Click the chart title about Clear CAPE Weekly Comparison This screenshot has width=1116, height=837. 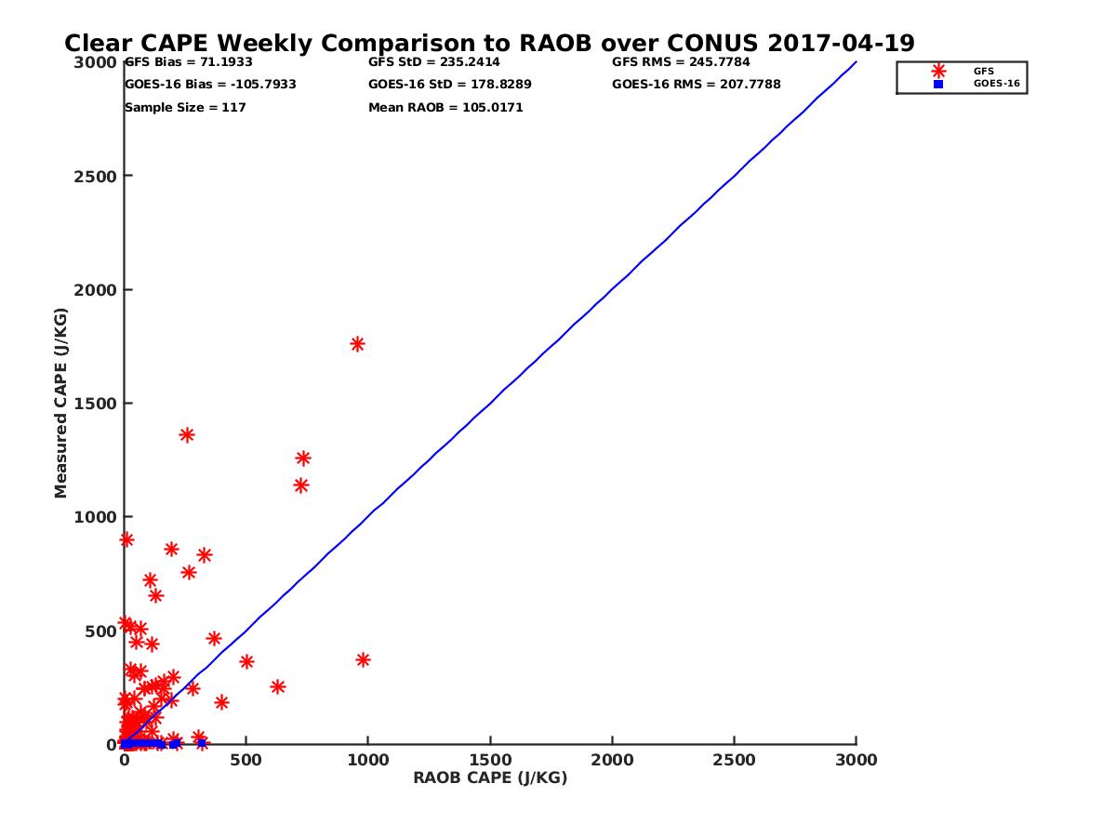pos(489,43)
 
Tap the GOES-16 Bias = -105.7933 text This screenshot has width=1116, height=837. pos(210,85)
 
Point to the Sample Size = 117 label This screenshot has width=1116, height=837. pos(185,108)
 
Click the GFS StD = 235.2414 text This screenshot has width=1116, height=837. pos(434,62)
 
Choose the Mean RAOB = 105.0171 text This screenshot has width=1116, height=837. pos(445,108)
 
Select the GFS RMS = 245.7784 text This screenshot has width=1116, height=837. pos(681,62)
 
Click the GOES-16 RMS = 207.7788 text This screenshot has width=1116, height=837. pos(697,85)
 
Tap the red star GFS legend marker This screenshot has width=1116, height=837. pos(938,71)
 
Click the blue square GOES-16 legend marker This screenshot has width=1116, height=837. pos(938,84)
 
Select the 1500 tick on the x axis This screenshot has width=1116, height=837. pos(490,760)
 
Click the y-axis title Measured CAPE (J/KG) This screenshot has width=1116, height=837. pos(61,403)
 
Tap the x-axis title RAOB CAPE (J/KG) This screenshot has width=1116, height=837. pos(490,778)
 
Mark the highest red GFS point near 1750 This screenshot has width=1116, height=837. pos(357,344)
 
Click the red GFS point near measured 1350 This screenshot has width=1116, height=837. pos(187,435)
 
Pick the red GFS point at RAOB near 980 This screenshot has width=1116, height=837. pos(363,660)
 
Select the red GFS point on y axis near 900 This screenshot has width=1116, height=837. pos(126,539)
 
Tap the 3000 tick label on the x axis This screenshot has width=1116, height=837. pos(857,760)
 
